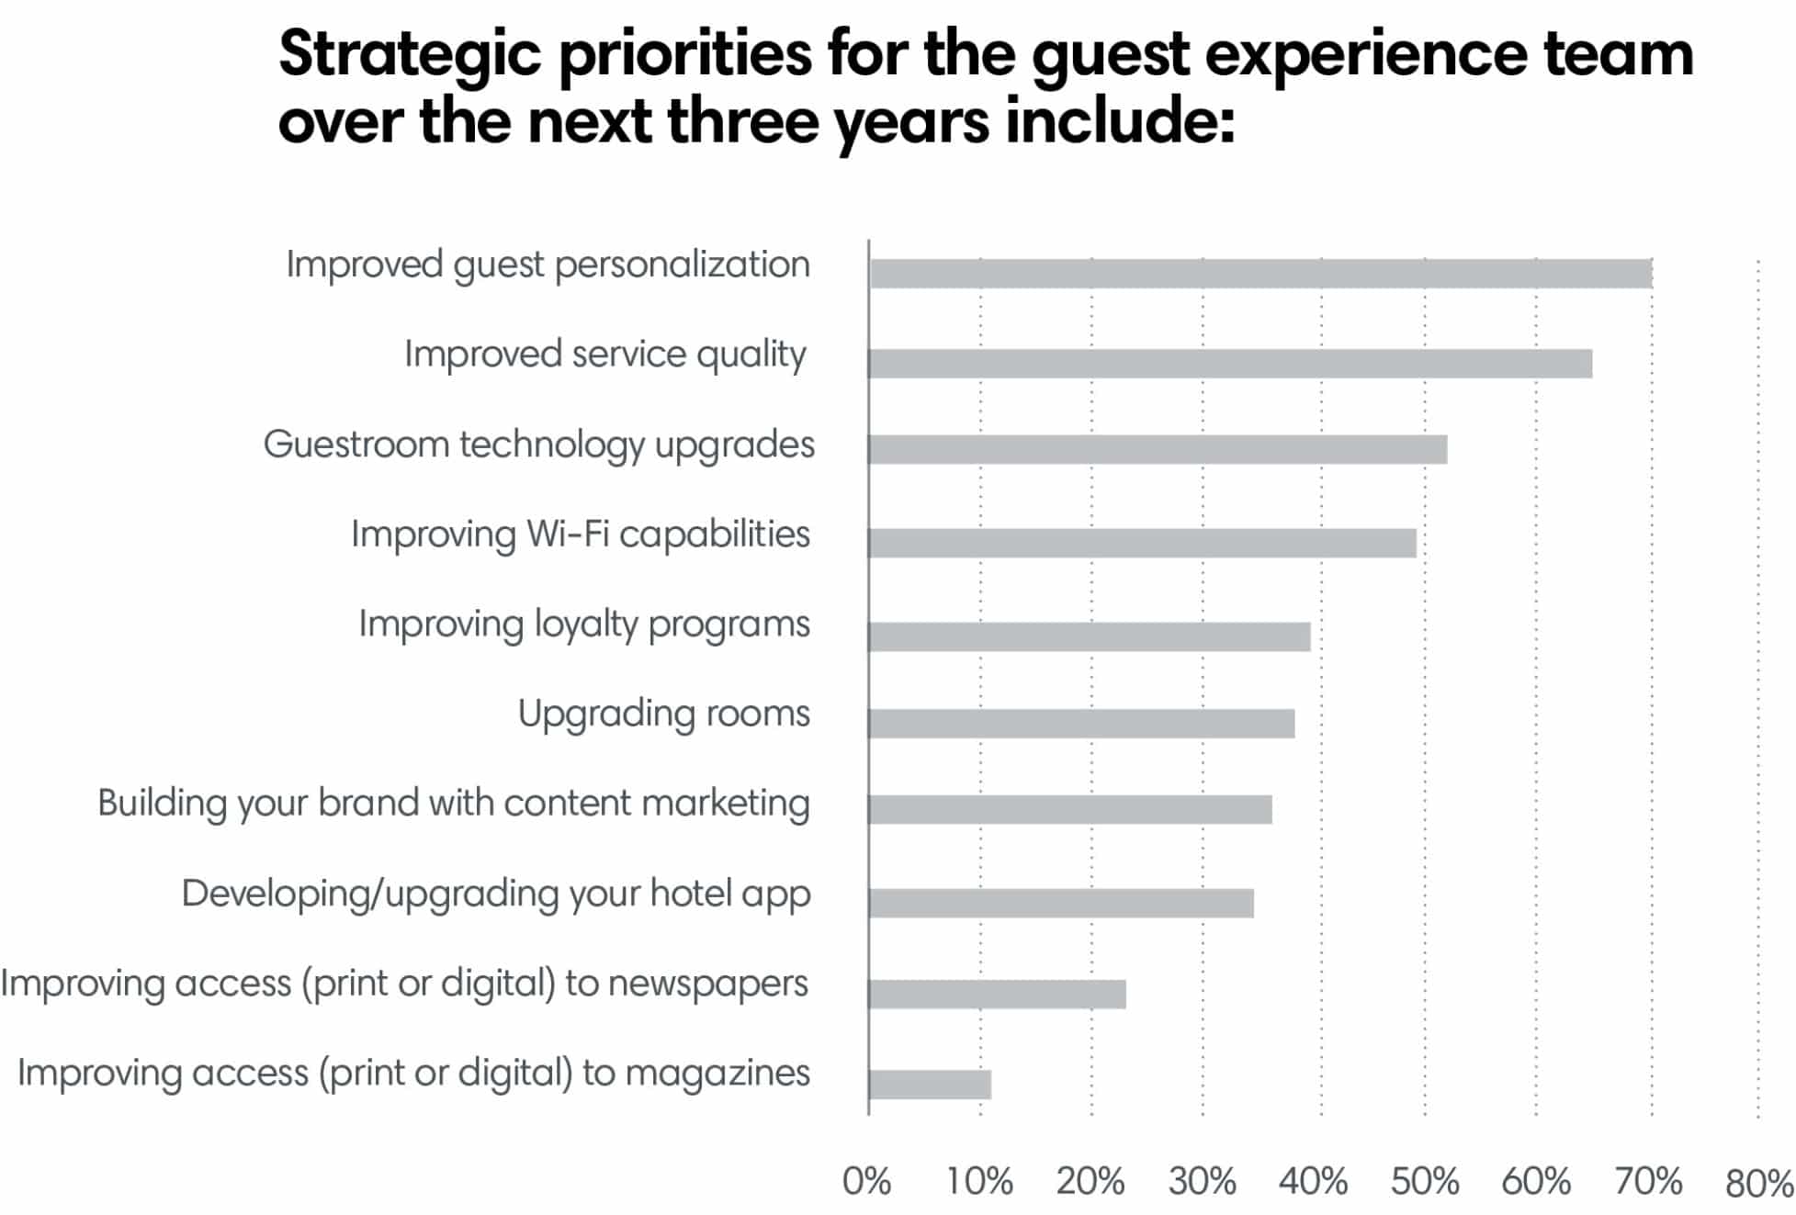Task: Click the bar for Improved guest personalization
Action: [1260, 274]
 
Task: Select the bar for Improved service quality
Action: [1230, 364]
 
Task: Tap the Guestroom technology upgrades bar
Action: [1158, 450]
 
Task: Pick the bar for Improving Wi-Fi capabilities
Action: [1142, 543]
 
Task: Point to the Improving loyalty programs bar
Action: [1090, 636]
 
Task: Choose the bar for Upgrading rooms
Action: [1081, 724]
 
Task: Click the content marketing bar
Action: [1070, 809]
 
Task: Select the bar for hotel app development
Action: [1061, 904]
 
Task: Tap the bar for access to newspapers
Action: [998, 994]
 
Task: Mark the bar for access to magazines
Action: [930, 1085]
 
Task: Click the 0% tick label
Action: [866, 1182]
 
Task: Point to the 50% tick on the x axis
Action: [1424, 1182]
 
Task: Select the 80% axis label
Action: [1758, 1184]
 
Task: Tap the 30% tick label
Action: [1202, 1182]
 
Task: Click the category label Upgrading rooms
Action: [663, 714]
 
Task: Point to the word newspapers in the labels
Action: [707, 984]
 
